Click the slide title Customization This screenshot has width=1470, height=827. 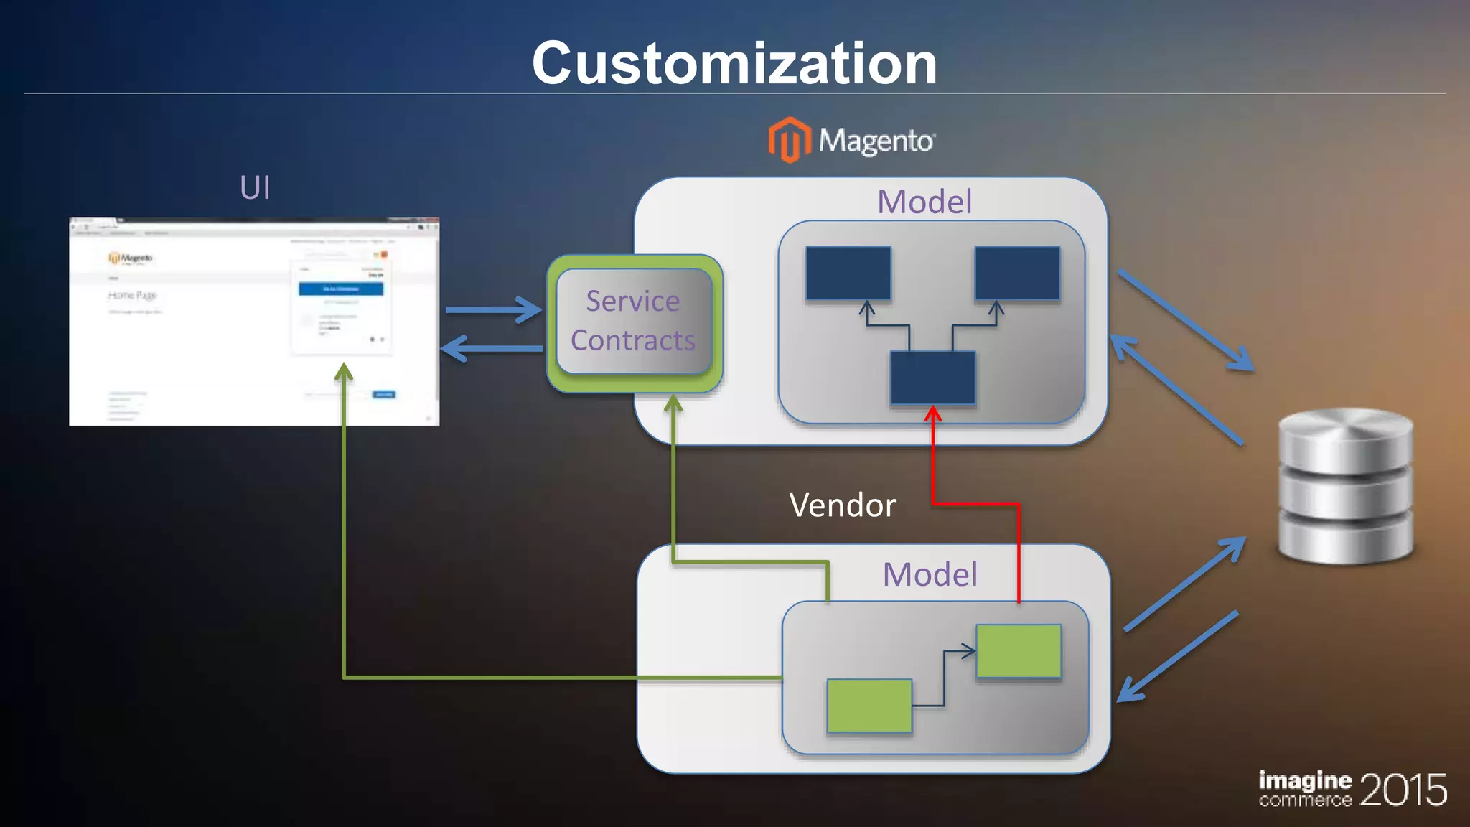(x=734, y=63)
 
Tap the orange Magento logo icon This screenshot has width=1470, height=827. (x=788, y=139)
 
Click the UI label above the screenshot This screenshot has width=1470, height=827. (x=255, y=188)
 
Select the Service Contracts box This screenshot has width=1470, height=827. (x=633, y=321)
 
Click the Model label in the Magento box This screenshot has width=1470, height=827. (x=924, y=202)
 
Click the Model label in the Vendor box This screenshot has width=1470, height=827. (x=930, y=574)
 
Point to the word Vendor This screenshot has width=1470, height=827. (x=843, y=505)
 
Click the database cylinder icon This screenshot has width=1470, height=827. (x=1345, y=486)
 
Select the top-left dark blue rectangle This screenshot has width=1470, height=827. (x=848, y=273)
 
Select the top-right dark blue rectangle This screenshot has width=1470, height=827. (x=1017, y=273)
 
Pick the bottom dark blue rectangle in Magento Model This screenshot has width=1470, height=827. (x=932, y=378)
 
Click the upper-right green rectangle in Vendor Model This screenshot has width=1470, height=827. (x=1019, y=650)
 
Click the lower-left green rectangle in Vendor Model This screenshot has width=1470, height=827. (x=869, y=705)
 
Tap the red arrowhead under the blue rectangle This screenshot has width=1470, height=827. (x=932, y=413)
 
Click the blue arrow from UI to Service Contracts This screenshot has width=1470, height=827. (x=492, y=310)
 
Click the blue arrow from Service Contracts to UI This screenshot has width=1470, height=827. (x=492, y=349)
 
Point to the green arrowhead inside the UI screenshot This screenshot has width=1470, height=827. (x=344, y=371)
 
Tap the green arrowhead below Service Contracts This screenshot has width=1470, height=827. (x=673, y=403)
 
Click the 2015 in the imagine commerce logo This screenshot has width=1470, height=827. (x=1403, y=790)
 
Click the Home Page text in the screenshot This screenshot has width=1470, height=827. (x=132, y=295)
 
